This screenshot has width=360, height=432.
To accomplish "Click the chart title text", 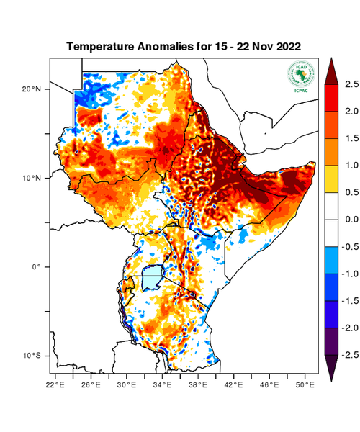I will [183, 46].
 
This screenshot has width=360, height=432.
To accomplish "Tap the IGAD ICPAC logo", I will [301, 76].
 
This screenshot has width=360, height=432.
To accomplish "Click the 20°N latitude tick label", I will [31, 89].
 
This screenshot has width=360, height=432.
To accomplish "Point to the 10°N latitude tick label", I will [31, 178].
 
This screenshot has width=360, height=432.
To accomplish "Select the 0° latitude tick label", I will [37, 266].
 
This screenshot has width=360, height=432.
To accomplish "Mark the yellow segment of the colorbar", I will [333, 179].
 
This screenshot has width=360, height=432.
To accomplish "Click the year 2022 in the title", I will [286, 46].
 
